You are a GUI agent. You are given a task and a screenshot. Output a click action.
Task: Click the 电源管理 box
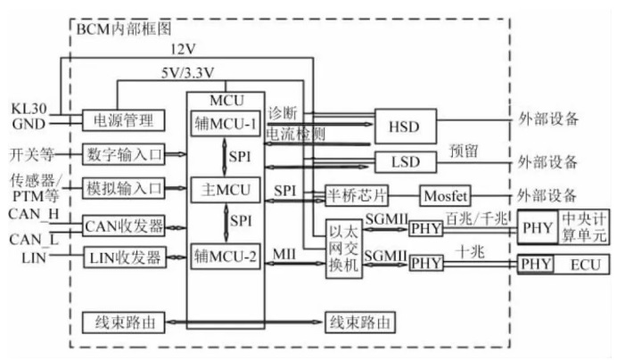point(124,119)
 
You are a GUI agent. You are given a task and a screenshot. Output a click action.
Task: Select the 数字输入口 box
point(124,154)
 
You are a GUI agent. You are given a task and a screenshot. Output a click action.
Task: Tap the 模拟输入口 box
point(124,188)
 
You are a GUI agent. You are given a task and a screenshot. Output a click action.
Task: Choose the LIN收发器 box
point(124,258)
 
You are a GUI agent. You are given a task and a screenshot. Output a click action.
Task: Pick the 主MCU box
point(225,189)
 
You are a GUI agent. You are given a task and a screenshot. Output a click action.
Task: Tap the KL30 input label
point(29,108)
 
